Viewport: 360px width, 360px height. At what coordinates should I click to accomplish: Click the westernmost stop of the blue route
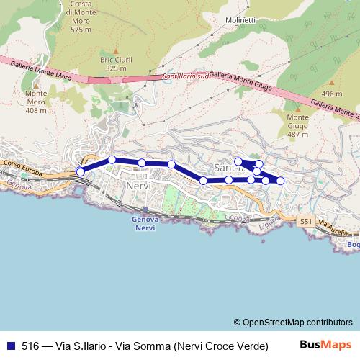80,171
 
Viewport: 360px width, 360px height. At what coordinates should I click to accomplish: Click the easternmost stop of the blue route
281,180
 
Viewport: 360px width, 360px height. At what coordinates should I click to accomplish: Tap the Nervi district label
137,186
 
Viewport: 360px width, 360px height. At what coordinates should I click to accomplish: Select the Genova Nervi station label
145,223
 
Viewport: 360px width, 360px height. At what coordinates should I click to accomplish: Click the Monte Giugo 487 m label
298,125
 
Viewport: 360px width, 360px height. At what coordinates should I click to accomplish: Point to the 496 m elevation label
331,94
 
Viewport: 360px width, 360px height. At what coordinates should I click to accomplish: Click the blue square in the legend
12,345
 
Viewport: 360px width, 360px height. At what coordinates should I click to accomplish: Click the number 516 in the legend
31,345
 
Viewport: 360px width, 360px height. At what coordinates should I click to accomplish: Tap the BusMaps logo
325,345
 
